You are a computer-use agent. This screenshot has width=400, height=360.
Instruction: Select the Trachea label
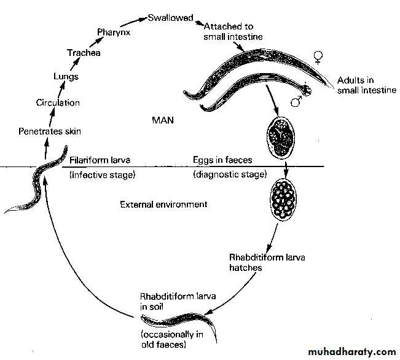click(84, 53)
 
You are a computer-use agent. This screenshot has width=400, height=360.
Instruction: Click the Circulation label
click(58, 103)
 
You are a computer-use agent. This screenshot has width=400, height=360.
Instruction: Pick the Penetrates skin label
click(50, 131)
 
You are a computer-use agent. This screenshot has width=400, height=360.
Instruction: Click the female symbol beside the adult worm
click(318, 58)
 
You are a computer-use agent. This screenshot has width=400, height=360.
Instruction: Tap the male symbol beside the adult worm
click(296, 100)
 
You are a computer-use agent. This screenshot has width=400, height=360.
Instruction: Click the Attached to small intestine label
click(233, 32)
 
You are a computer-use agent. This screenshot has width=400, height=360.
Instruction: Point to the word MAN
click(163, 120)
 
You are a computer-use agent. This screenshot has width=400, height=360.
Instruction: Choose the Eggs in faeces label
click(222, 160)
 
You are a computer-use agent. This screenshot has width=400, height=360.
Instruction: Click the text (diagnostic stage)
click(230, 174)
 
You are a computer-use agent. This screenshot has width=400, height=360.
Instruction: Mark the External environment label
click(163, 204)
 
